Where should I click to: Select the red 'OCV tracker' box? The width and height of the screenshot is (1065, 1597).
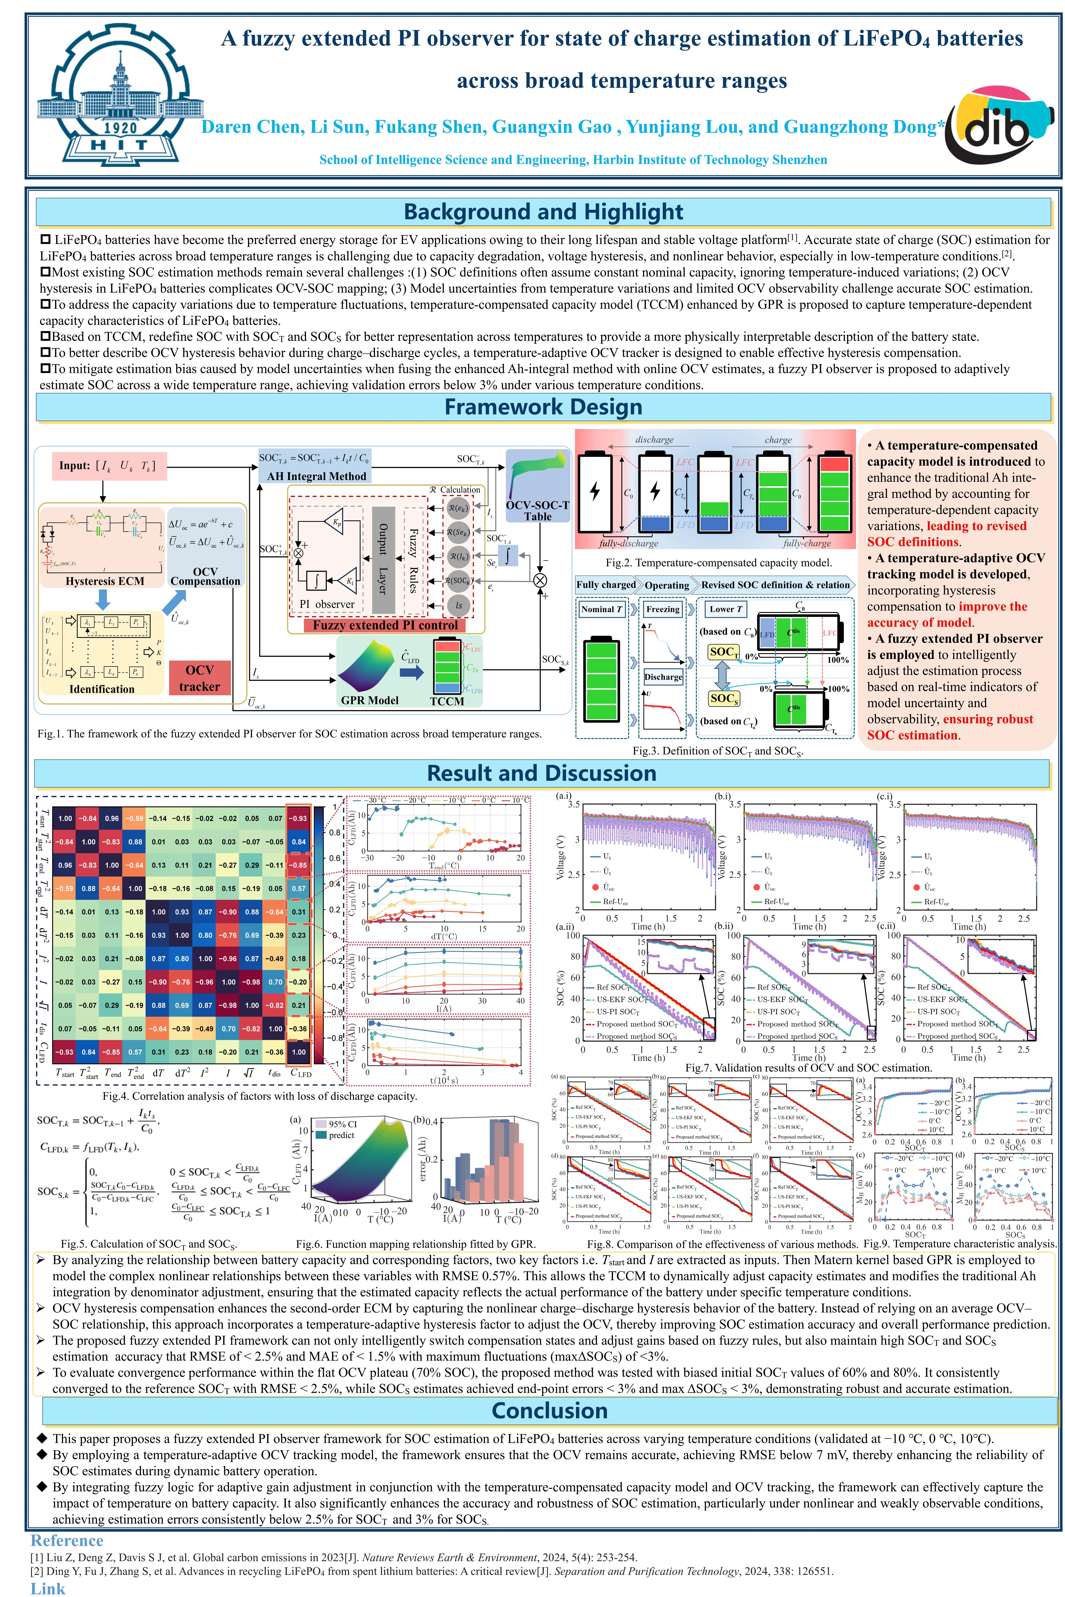(199, 678)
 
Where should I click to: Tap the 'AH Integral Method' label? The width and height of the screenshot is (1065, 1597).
(317, 476)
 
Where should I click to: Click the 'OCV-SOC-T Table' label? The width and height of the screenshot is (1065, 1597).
(537, 511)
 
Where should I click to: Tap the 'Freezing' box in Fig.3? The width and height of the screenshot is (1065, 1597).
(662, 609)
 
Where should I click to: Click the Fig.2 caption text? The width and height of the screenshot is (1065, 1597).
(719, 562)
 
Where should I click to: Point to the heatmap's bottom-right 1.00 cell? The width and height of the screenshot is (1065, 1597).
(299, 1052)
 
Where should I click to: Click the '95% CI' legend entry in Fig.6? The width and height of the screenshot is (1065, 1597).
(343, 1124)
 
